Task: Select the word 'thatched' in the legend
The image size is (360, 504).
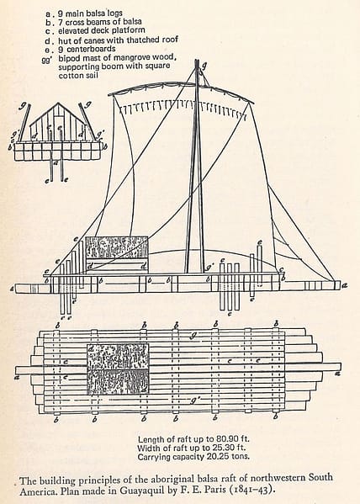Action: pos(142,40)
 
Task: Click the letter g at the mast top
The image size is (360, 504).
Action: pos(204,66)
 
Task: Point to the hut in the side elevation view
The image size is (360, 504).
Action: pos(117,255)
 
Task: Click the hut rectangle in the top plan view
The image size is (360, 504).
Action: pos(118,369)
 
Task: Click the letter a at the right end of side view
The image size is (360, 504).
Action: pos(345,285)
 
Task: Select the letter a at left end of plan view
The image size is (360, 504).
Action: pos(18,377)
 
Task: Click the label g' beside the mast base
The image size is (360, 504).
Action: pos(210,267)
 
